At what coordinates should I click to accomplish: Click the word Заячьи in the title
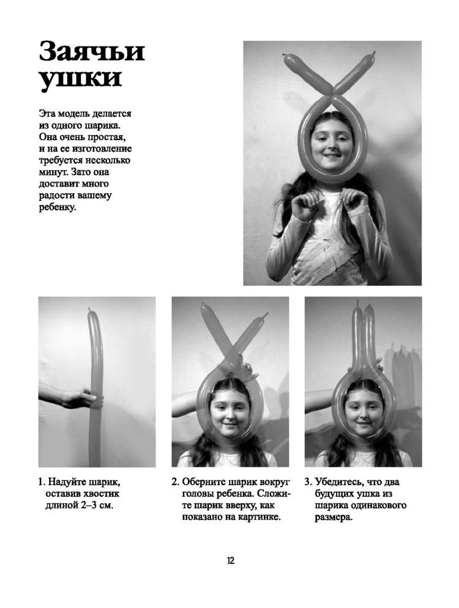[92, 52]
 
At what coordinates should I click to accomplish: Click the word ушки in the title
[80, 80]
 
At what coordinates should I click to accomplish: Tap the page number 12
[231, 561]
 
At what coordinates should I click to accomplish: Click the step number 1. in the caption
[42, 483]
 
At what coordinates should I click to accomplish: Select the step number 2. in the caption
[175, 483]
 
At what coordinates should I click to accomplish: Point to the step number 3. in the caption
[308, 483]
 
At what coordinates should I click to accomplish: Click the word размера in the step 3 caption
[334, 517]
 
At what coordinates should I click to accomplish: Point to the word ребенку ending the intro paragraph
[58, 207]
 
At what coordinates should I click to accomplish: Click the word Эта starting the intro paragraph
[47, 114]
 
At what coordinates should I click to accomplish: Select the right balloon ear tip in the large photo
[374, 53]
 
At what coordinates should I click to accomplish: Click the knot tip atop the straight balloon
[89, 309]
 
